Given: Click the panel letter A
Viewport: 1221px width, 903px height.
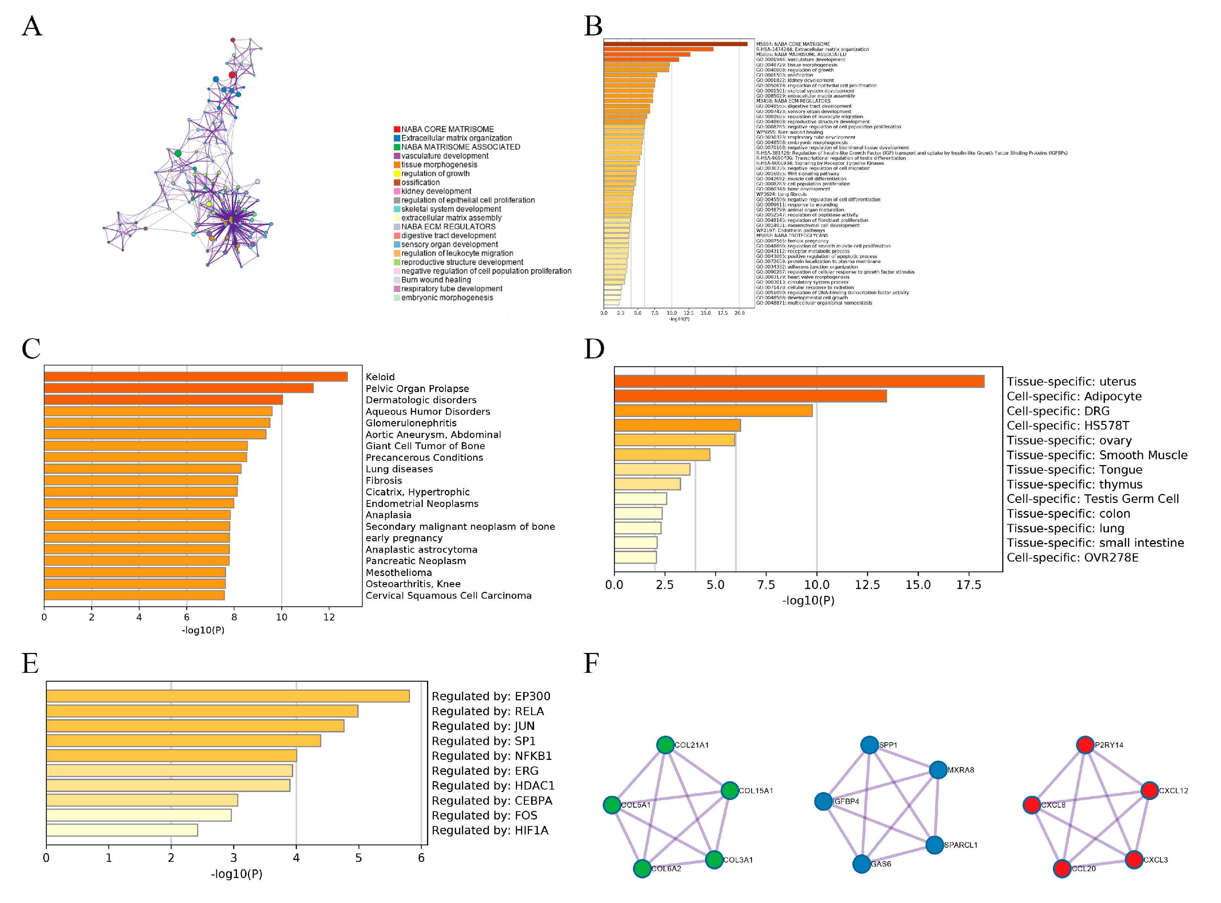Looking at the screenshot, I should [x=32, y=26].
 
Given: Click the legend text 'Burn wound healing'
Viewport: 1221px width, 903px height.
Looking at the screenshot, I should [x=436, y=280].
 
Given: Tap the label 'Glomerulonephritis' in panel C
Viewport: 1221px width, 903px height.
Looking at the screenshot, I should [x=411, y=423].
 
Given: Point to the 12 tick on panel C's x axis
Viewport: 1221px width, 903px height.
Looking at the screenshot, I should [x=329, y=617].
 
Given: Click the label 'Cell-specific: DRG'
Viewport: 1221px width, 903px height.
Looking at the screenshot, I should [x=1058, y=411].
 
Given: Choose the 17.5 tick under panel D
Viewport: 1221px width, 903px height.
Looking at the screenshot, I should [x=968, y=585].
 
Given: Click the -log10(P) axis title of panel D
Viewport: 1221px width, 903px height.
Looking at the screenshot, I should [x=808, y=601].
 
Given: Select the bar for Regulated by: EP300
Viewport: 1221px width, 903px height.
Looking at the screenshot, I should [x=227, y=696].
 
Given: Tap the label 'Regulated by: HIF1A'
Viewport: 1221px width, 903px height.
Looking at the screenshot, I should [x=490, y=831].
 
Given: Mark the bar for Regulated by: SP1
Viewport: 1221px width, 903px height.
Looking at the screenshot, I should [x=183, y=741].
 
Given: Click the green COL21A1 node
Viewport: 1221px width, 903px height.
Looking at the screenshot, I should [x=665, y=745].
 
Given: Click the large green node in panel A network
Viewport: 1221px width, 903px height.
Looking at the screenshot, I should [x=178, y=154].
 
